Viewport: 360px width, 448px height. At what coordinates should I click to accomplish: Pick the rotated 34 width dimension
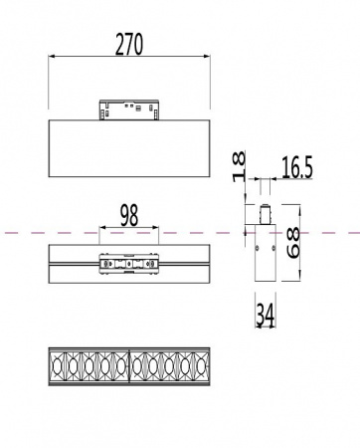[264, 315]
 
